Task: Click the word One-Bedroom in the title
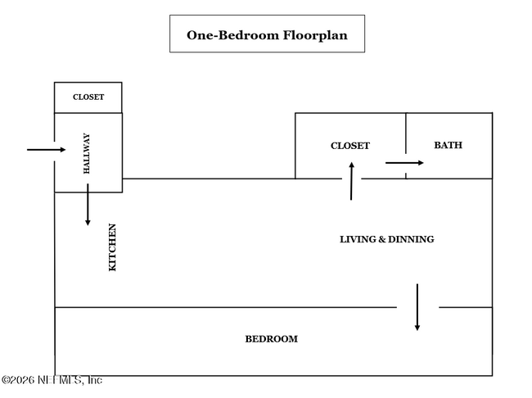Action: click(224, 35)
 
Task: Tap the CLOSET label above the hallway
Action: click(88, 97)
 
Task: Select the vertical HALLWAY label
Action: click(86, 154)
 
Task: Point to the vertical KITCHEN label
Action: click(113, 247)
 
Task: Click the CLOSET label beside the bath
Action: click(350, 146)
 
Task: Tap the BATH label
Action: click(448, 145)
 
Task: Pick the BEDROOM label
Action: click(272, 339)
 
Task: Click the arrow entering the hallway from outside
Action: click(46, 150)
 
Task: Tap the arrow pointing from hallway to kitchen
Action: click(88, 205)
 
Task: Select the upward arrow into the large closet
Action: click(351, 181)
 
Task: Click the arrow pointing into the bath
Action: click(404, 163)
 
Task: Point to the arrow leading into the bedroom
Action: click(417, 307)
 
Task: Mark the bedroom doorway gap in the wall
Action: click(418, 308)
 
